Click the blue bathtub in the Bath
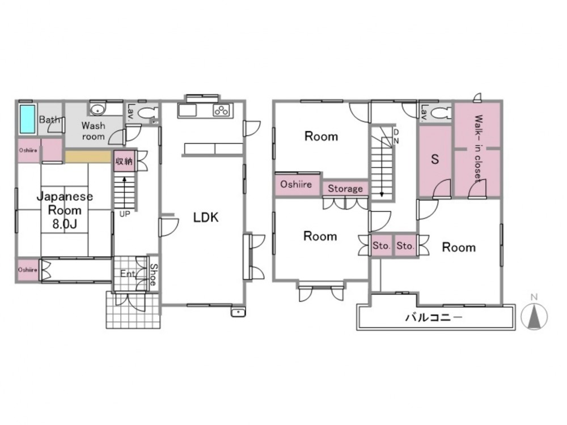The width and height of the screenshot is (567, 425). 27,119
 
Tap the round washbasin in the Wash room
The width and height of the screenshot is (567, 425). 98,110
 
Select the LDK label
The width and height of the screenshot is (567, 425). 206,217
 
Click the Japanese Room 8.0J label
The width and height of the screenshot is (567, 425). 65,210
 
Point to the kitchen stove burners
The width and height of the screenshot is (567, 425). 221,110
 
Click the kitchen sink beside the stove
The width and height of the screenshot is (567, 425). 187,110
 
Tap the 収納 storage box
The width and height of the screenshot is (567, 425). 124,161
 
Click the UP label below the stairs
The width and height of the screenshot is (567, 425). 124,214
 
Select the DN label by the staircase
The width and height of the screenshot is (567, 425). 396,136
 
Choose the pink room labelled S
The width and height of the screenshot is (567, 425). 435,161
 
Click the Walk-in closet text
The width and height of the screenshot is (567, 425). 478,147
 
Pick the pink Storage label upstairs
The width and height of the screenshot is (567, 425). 345,189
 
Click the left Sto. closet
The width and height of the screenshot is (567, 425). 382,246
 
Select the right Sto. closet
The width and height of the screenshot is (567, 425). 405,246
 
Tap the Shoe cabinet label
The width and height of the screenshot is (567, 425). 154,275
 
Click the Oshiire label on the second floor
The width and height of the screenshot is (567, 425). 296,184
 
